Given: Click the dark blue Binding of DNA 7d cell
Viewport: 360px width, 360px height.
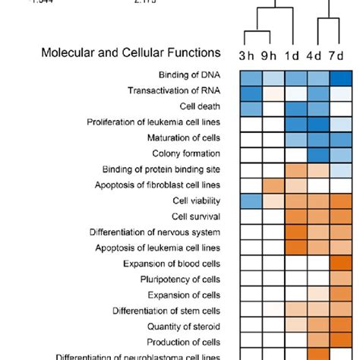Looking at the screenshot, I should click(x=341, y=77).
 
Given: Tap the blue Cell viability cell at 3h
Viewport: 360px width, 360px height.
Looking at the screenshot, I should click(x=251, y=201).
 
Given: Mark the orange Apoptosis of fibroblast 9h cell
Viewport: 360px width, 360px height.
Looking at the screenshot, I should click(x=273, y=185).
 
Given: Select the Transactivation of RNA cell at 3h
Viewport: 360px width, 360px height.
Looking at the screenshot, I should click(x=251, y=93).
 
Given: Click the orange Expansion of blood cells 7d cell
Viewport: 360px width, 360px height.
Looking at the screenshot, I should click(x=341, y=264).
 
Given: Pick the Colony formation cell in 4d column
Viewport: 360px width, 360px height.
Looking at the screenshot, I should click(x=318, y=154).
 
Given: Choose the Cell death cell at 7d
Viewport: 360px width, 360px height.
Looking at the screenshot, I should click(x=341, y=108).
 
